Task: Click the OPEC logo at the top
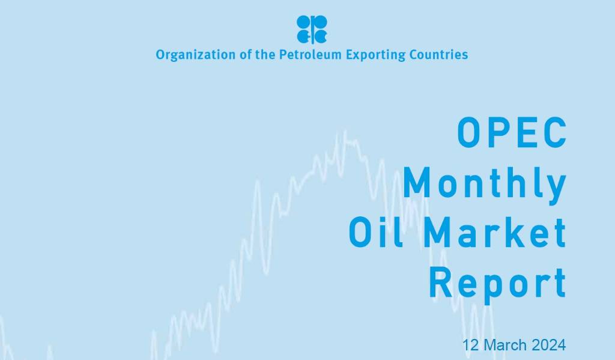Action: click(x=312, y=29)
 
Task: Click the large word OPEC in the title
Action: click(x=512, y=132)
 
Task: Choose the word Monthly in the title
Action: click(x=485, y=183)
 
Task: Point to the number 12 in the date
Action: click(x=471, y=346)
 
